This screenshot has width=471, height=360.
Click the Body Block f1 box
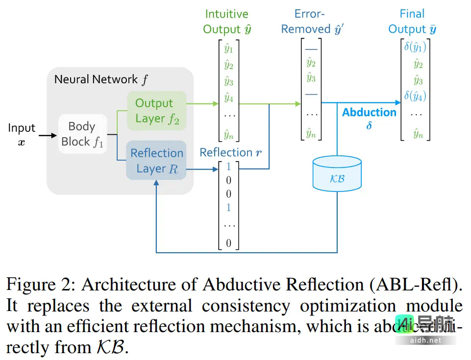pyautogui.click(x=82, y=134)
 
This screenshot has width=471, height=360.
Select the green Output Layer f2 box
pyautogui.click(x=156, y=111)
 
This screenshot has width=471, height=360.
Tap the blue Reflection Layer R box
pyautogui.click(x=156, y=160)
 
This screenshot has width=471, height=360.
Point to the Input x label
pyautogui.click(x=22, y=134)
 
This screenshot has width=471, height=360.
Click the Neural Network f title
pyautogui.click(x=100, y=79)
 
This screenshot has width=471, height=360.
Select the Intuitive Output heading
pyautogui.click(x=227, y=22)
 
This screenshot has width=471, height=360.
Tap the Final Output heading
pyautogui.click(x=412, y=22)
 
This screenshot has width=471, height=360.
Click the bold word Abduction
pyautogui.click(x=369, y=112)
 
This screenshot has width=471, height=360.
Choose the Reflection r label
pyautogui.click(x=230, y=152)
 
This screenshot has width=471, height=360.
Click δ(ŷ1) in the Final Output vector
pyautogui.click(x=415, y=47)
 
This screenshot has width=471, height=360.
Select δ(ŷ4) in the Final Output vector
pyautogui.click(x=415, y=96)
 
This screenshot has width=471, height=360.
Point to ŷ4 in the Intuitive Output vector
pyautogui.click(x=228, y=98)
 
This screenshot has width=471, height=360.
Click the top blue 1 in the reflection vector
pyautogui.click(x=228, y=167)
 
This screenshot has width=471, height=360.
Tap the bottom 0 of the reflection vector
pyautogui.click(x=228, y=243)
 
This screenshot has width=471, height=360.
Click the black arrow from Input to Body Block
pyautogui.click(x=48, y=135)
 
